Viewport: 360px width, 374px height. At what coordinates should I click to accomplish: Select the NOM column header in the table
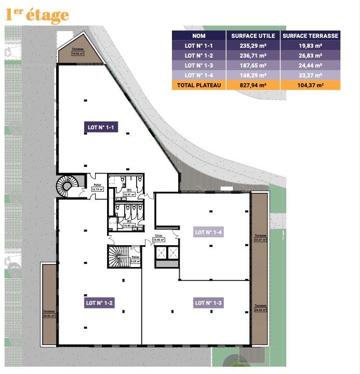(198, 36)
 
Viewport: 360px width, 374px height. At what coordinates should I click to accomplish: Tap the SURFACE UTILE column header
(252, 36)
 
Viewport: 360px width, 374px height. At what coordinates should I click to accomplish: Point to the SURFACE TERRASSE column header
(310, 36)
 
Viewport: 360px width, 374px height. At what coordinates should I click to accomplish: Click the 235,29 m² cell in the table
(252, 46)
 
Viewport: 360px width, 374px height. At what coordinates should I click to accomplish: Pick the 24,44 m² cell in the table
(310, 65)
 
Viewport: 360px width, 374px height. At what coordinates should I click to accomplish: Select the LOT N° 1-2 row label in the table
(198, 56)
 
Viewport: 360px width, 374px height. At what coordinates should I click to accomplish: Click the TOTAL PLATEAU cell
(198, 85)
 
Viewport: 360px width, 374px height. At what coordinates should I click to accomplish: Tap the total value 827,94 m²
(252, 85)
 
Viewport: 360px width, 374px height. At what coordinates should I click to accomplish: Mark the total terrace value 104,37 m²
(310, 85)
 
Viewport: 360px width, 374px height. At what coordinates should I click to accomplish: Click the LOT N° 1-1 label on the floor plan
(102, 126)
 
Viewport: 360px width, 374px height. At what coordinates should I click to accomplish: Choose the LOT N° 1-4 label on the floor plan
(208, 232)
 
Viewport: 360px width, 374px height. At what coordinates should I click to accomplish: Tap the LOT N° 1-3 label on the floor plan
(208, 302)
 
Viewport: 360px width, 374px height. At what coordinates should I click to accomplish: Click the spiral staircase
(67, 185)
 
